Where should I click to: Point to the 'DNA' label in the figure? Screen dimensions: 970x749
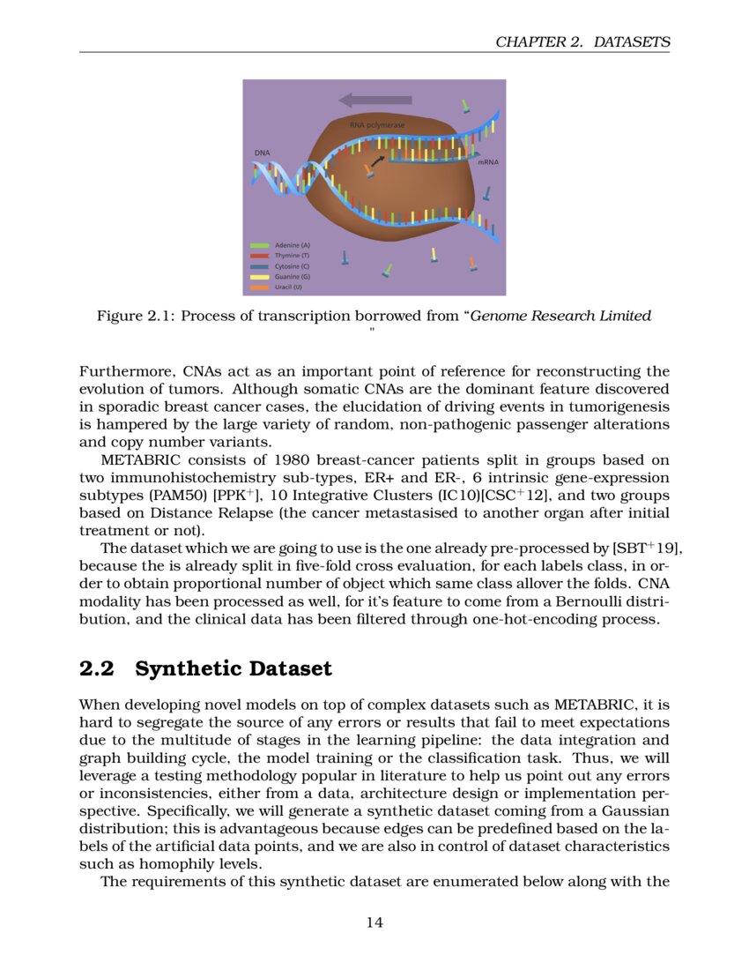263,153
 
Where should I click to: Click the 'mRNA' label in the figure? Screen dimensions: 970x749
487,163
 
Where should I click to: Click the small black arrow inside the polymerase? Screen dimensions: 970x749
378,160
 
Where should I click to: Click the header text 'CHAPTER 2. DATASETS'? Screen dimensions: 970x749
582,41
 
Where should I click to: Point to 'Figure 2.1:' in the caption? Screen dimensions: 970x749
136,316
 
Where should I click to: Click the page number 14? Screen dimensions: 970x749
374,922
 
